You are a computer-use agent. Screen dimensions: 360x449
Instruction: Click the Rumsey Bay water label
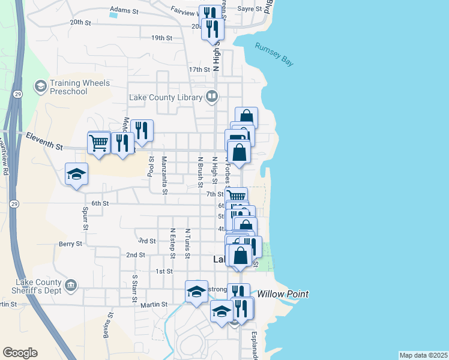[x=274, y=55]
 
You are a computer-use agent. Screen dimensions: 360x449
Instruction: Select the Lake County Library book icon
[x=212, y=96]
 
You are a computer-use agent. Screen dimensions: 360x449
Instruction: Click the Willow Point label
[x=283, y=294]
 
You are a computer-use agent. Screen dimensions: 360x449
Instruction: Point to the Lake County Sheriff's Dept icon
[x=71, y=284]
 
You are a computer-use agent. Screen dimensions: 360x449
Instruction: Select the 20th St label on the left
[x=80, y=22]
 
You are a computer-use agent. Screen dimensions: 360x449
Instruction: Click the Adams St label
[x=124, y=10]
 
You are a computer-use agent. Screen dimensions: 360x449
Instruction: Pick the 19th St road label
[x=162, y=38]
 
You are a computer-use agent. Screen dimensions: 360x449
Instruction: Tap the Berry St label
[x=70, y=244]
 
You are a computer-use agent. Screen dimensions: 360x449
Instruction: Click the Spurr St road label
[x=85, y=220]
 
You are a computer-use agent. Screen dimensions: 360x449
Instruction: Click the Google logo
[x=20, y=353]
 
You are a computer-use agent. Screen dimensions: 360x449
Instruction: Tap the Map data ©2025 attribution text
[x=423, y=355]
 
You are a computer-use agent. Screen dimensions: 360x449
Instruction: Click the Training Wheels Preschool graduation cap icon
[x=41, y=86]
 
